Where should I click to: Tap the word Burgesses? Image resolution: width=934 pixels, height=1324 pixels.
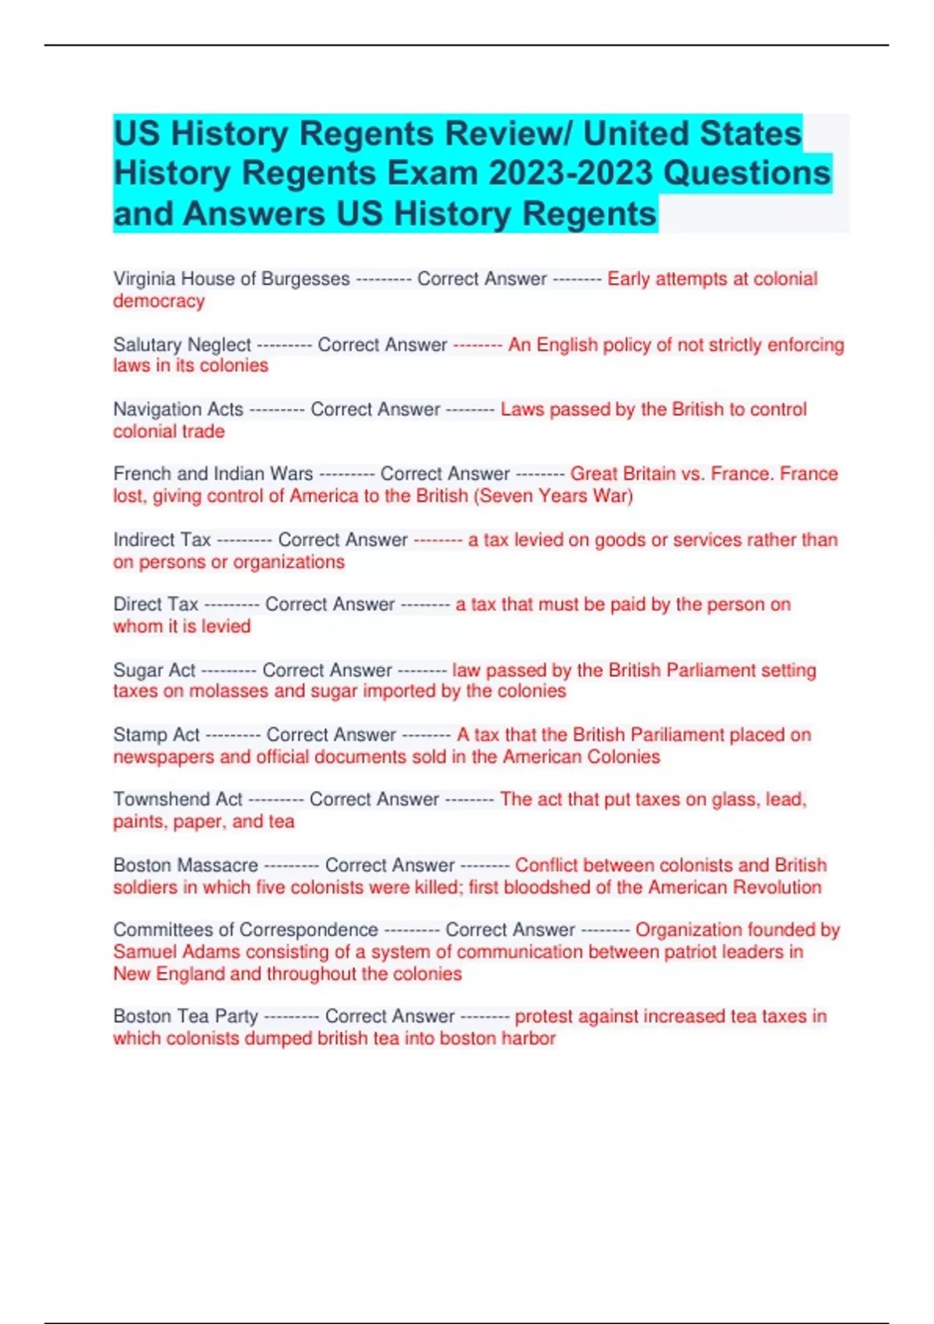[305, 279]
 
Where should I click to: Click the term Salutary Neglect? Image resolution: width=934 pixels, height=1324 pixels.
[182, 344]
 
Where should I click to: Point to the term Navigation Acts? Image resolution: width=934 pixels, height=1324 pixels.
[178, 409]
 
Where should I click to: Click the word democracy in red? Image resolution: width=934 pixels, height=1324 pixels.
[159, 301]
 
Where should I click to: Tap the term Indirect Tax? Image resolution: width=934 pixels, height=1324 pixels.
[162, 540]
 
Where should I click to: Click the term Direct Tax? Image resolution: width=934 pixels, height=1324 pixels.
[156, 604]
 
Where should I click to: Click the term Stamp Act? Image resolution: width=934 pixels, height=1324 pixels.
[156, 734]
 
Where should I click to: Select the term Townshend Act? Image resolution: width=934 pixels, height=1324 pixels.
[178, 799]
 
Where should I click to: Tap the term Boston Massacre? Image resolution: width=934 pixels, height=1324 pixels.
[185, 865]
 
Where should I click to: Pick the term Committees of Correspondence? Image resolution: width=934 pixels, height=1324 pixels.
[245, 930]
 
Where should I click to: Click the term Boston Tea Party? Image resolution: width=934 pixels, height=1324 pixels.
[185, 1016]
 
